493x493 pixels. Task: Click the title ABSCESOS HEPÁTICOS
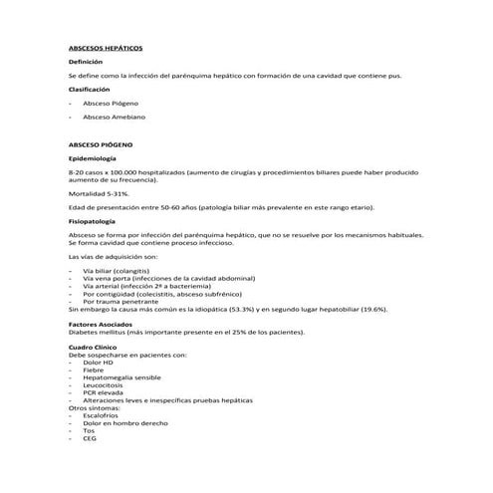point(105,47)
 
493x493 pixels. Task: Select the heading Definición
point(85,62)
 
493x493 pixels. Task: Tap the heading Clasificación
point(89,89)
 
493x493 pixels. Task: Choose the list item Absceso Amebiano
point(113,118)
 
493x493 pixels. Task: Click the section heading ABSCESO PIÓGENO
point(101,145)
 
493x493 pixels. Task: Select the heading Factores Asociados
point(102,325)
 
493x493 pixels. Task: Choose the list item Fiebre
point(95,370)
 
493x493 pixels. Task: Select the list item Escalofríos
point(104,416)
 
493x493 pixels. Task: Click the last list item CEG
point(91,439)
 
